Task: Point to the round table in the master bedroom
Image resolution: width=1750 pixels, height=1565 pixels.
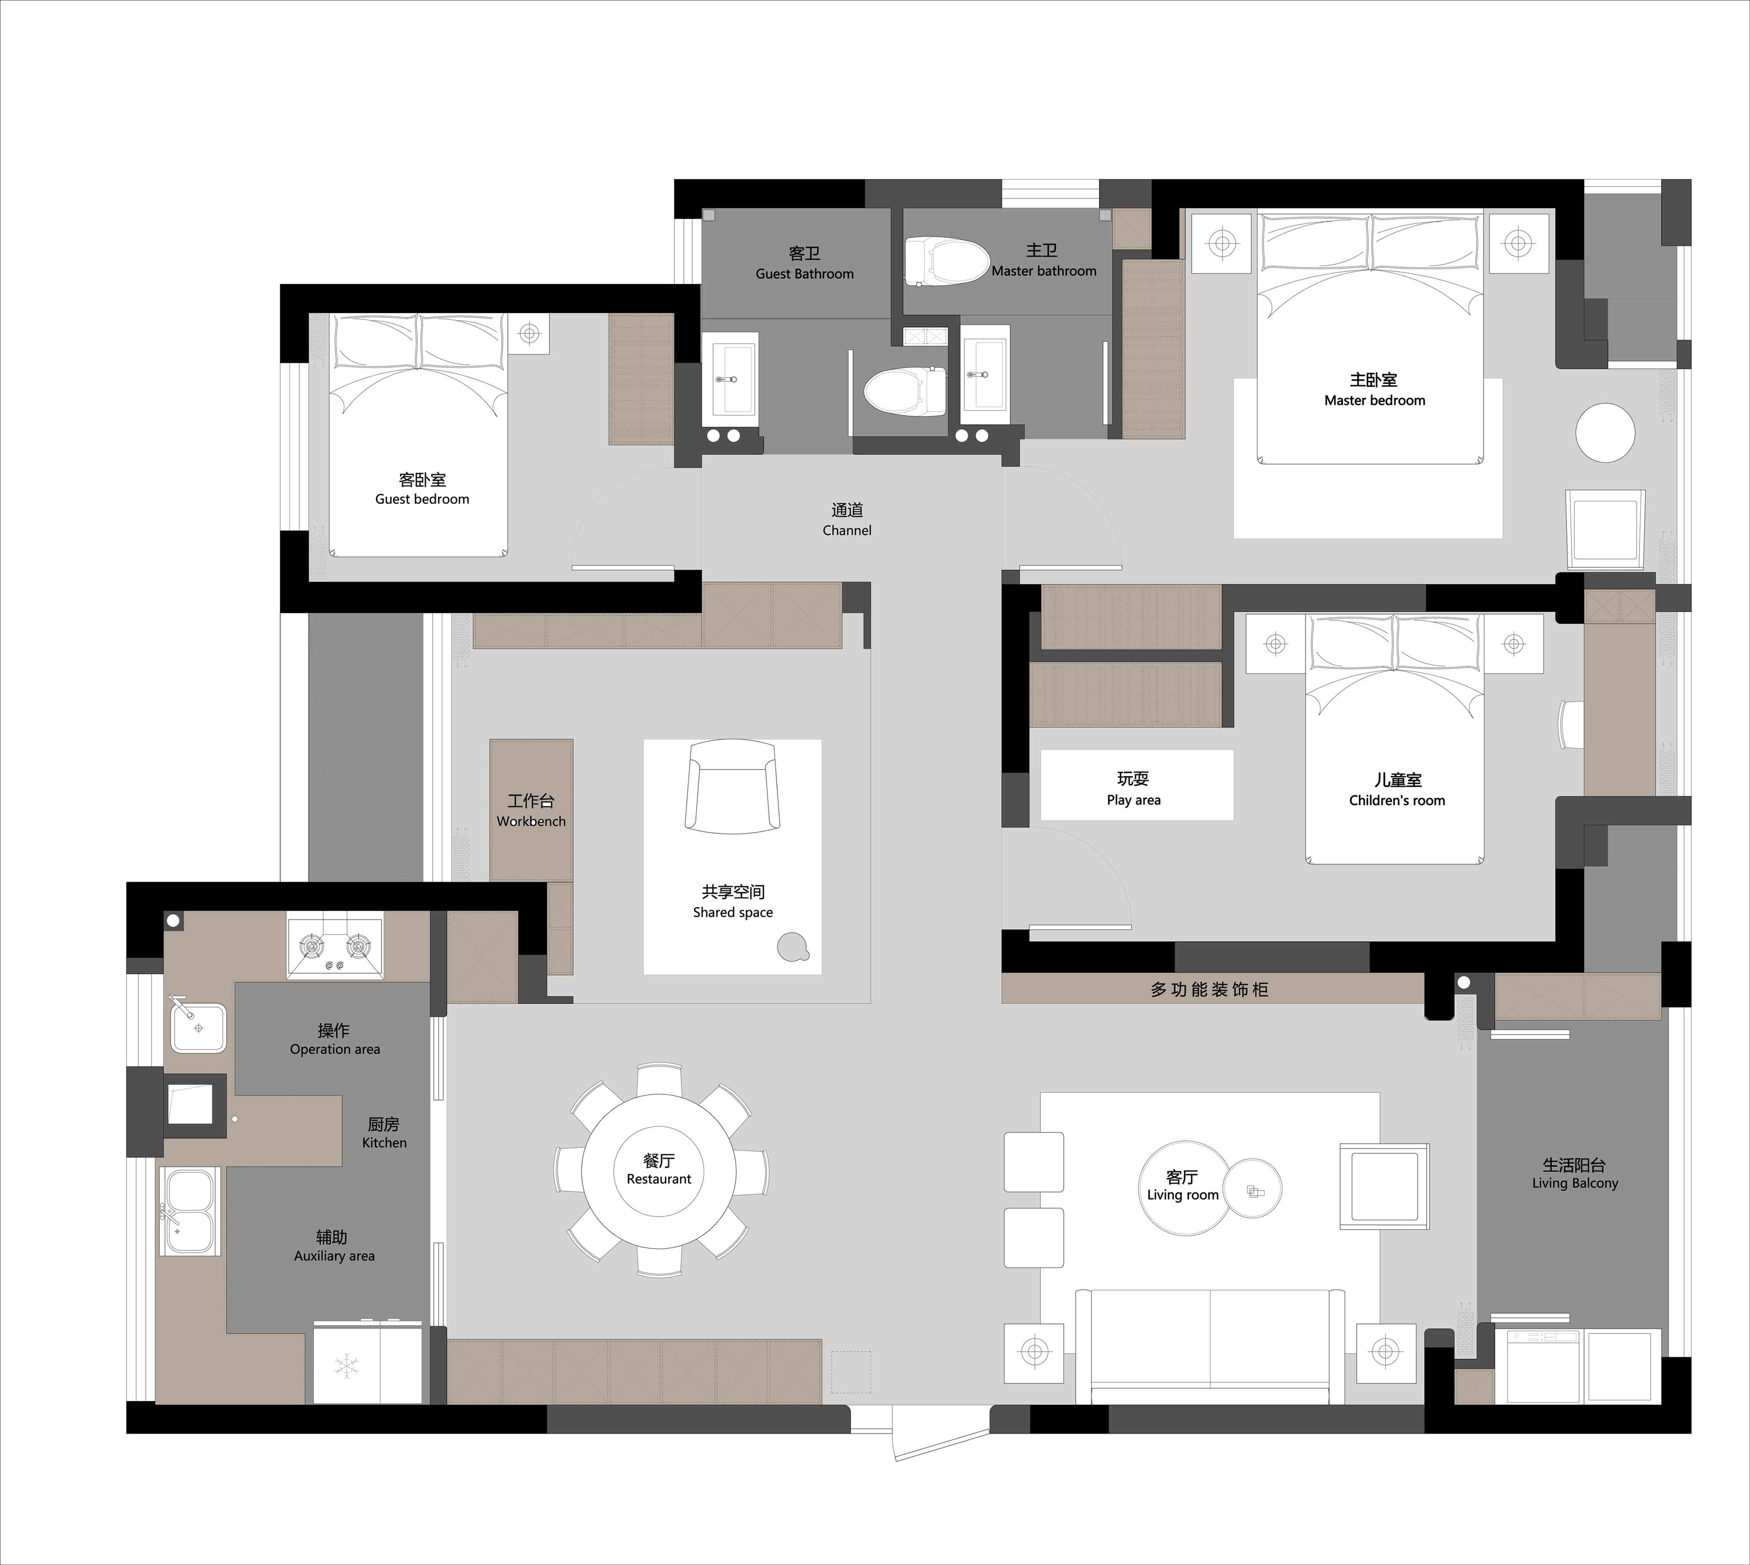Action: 1605,433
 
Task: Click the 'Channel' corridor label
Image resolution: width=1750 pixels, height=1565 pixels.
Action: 847,530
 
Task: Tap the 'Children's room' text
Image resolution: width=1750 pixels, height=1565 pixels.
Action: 1397,801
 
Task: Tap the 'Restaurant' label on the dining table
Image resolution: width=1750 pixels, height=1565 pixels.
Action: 659,1179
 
